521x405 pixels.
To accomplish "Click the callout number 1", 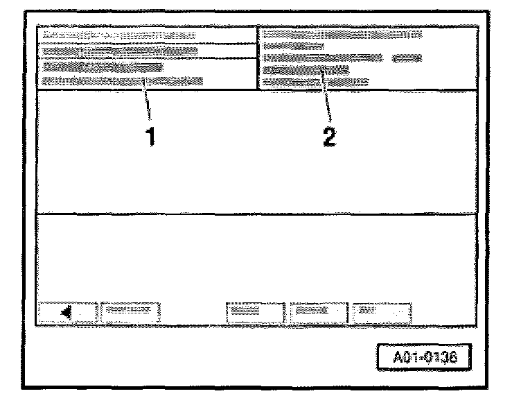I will coord(149,137).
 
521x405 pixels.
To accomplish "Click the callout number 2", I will coord(330,137).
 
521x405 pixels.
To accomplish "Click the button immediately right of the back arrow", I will coord(131,312).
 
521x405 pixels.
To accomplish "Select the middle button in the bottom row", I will coord(255,312).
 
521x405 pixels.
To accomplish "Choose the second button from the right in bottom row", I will coord(318,312).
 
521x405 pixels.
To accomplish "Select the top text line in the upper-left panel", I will coord(118,34).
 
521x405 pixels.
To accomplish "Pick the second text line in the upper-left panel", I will coord(119,51).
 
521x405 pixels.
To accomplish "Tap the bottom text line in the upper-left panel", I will coord(122,81).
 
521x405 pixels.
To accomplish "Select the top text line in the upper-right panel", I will coord(343,33).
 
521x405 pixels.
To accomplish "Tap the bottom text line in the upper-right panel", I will coord(316,82).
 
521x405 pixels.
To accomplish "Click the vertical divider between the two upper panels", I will coord(258,59).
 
